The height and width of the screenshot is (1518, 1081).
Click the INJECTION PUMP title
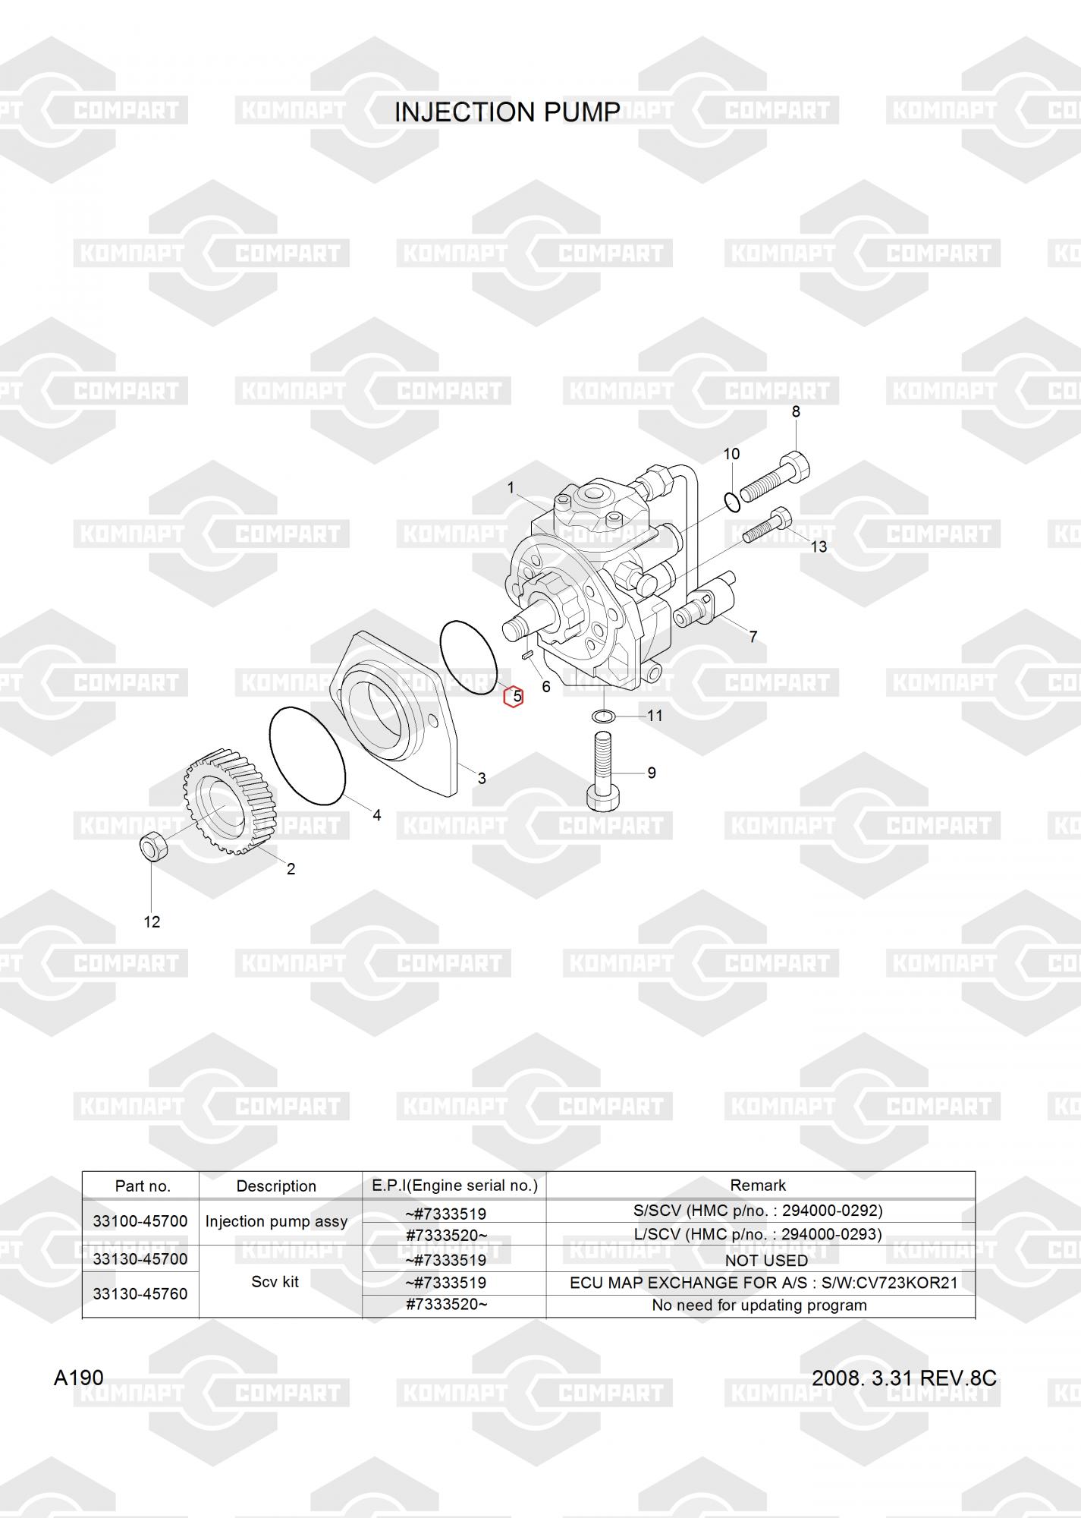point(507,112)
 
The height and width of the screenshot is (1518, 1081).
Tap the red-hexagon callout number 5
point(514,696)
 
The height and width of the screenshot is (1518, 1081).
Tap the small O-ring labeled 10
point(731,502)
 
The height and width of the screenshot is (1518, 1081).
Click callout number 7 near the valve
point(753,637)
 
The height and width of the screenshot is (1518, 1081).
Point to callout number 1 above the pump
point(511,487)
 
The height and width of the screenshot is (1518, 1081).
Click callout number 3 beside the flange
point(481,778)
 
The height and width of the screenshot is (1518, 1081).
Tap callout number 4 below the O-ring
point(376,815)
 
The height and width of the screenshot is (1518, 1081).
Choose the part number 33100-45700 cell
point(140,1221)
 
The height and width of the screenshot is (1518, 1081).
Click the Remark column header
point(759,1185)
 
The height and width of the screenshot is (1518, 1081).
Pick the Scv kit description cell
point(275,1281)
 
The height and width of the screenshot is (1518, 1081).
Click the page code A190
point(78,1378)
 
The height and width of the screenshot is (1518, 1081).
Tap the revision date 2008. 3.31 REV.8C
point(903,1378)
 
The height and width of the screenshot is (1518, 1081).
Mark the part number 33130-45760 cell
point(140,1293)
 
